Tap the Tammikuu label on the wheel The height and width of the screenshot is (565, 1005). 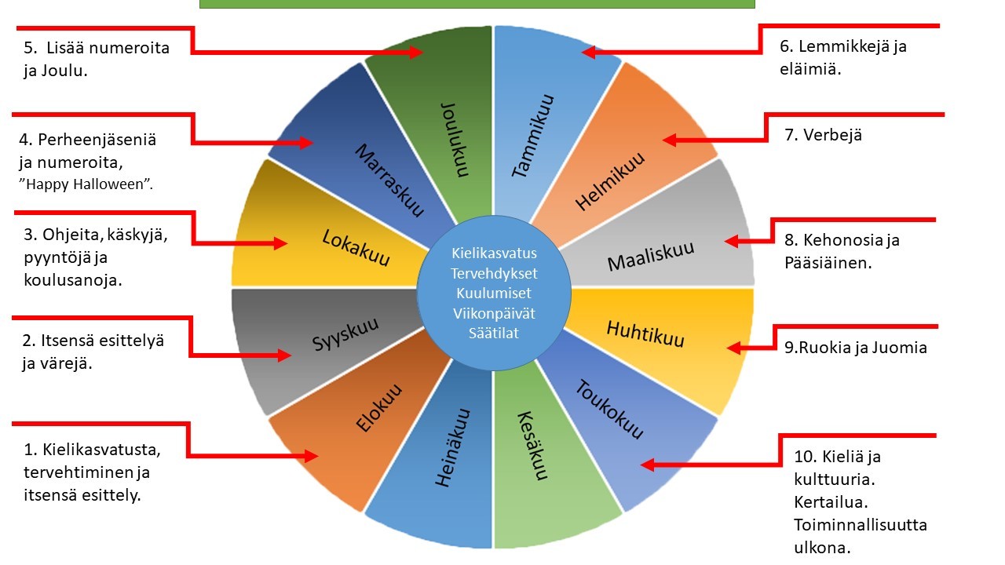coord(533,136)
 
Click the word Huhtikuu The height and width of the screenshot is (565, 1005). coord(645,333)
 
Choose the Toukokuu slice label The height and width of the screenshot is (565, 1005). coord(609,410)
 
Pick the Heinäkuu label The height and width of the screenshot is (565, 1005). coord(454,447)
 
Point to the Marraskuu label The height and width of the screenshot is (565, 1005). coord(389,180)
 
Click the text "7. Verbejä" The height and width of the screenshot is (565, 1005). coord(823,135)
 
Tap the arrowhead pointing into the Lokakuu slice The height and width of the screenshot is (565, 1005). coord(280,243)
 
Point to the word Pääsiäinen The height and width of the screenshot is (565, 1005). coord(828,263)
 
